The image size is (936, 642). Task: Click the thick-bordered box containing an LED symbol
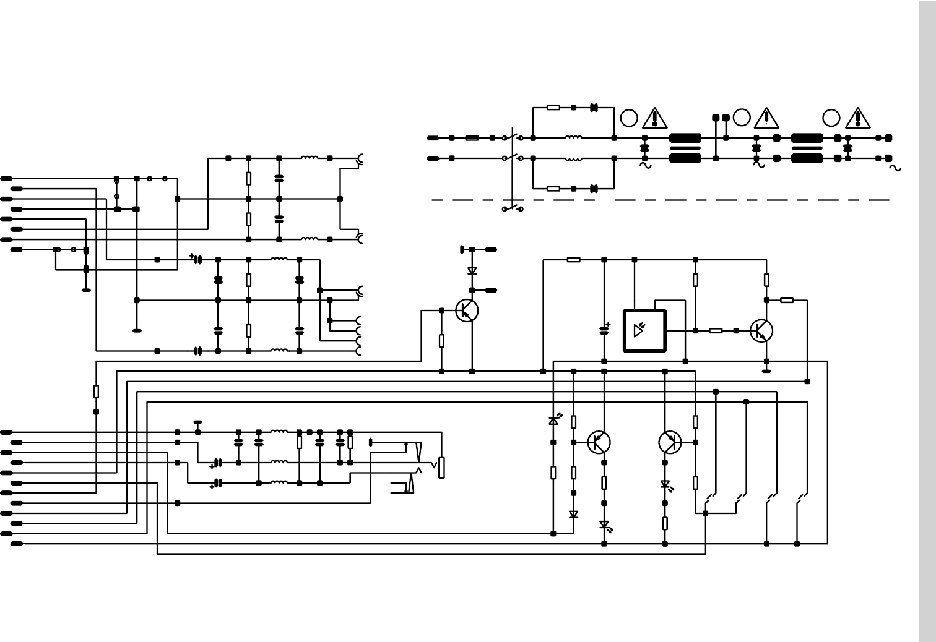644,331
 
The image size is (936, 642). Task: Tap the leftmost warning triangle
654,118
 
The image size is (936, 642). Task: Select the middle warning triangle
766,117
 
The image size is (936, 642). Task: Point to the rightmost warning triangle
857,118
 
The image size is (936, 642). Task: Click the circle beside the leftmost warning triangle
629,118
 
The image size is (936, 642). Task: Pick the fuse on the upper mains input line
472,138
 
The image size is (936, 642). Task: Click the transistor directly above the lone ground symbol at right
761,331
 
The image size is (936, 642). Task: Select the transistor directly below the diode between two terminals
467,310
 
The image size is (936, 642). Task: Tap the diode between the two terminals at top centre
472,271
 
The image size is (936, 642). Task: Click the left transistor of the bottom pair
599,442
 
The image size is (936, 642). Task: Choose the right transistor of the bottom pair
670,442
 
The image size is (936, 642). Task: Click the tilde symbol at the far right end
895,168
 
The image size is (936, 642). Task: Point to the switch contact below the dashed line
513,208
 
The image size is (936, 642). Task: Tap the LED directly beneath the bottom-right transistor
665,485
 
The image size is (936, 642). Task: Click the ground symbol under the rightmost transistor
766,371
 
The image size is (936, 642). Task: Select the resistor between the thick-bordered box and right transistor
716,331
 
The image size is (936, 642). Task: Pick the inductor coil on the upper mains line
573,138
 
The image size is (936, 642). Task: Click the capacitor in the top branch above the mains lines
594,108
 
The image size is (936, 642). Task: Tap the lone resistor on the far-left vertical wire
96,392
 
